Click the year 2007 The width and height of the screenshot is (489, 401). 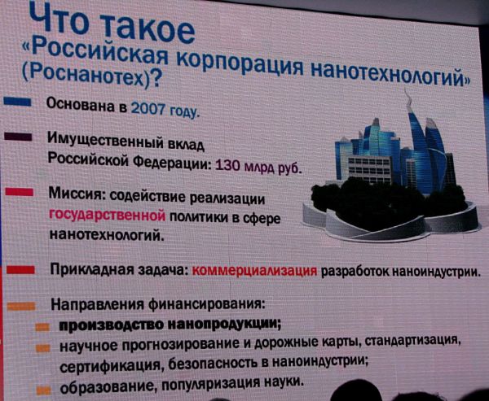pyautogui.click(x=148, y=109)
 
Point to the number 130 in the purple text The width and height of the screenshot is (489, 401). pyautogui.click(x=227, y=165)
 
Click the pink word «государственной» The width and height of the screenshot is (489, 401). pyautogui.click(x=107, y=215)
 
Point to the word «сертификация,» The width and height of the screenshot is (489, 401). pyautogui.click(x=112, y=365)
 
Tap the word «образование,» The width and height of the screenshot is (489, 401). pyautogui.click(x=110, y=387)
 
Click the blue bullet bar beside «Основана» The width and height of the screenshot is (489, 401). pyautogui.click(x=17, y=102)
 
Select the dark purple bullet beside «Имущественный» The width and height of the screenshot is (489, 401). pyautogui.click(x=18, y=137)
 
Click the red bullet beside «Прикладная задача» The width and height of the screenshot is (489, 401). pyautogui.click(x=20, y=270)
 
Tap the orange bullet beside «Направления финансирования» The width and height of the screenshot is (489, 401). pyautogui.click(x=21, y=307)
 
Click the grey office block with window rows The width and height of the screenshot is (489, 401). pyautogui.click(x=369, y=170)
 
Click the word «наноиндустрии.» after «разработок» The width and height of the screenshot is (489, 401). pyautogui.click(x=434, y=272)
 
